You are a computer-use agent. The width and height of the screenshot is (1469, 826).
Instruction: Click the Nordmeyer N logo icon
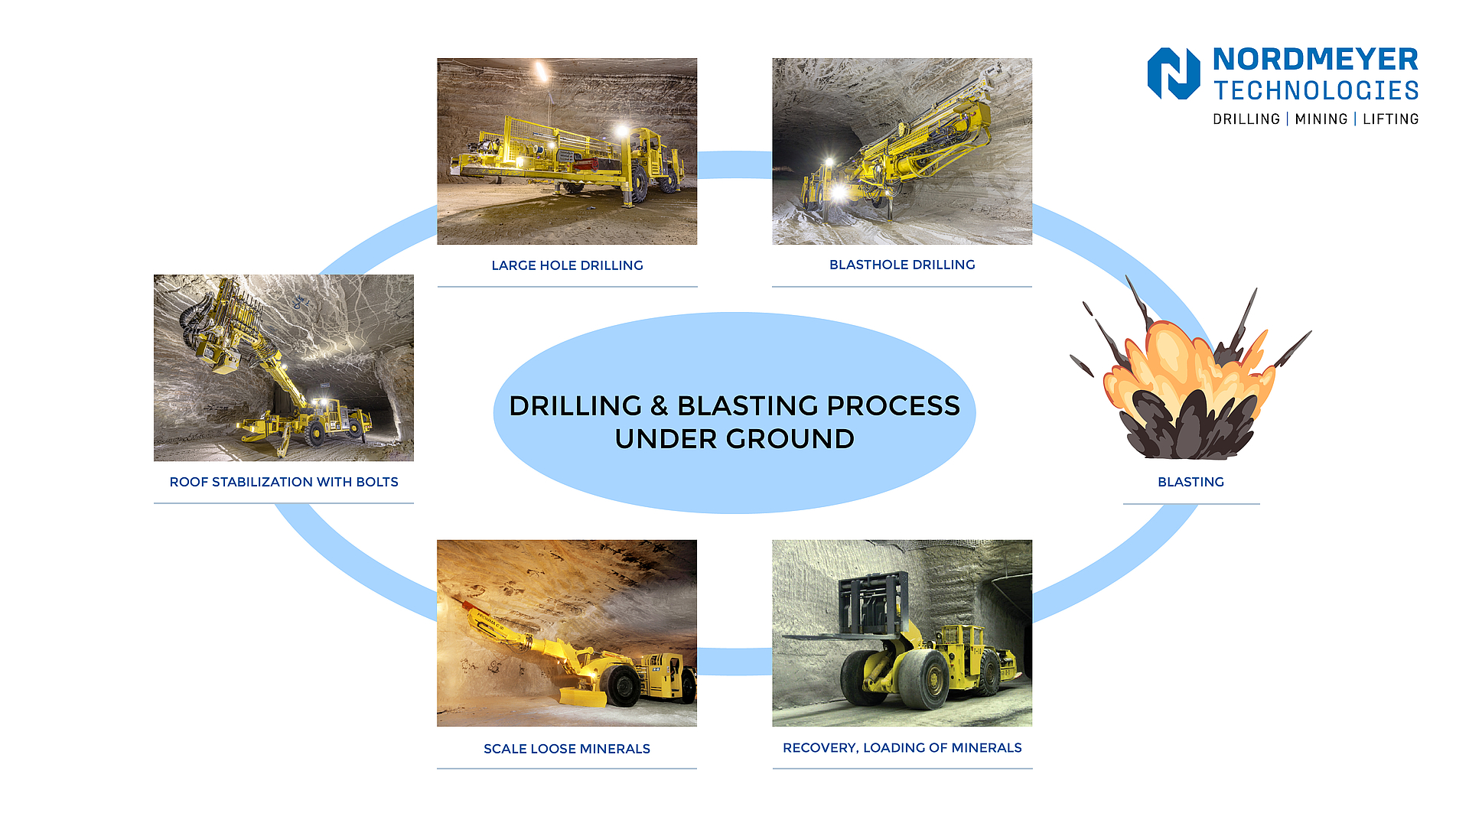click(1174, 73)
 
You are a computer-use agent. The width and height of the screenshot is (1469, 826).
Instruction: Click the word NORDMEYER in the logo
click(1315, 60)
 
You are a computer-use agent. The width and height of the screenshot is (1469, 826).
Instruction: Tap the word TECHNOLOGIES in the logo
click(1316, 90)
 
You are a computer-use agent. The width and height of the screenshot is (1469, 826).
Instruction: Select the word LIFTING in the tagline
click(1390, 119)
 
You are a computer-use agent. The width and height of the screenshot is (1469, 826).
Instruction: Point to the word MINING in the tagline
click(1321, 119)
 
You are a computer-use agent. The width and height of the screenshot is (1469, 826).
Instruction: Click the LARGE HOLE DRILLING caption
click(567, 265)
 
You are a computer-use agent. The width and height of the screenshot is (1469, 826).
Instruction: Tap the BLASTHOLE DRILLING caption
click(902, 265)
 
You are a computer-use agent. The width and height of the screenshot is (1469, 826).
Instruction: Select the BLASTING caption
click(1191, 482)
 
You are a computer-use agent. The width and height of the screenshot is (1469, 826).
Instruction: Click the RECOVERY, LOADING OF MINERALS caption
click(902, 748)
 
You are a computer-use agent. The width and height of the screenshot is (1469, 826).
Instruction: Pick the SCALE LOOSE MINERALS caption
click(567, 749)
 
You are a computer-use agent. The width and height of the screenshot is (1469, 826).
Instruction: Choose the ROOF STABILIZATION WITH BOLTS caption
click(284, 482)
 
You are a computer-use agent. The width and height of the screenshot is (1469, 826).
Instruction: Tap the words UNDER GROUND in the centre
click(734, 439)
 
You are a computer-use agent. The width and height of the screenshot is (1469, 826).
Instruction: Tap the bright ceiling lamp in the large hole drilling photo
click(542, 72)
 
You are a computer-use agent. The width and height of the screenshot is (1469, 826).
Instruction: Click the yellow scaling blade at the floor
click(583, 696)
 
